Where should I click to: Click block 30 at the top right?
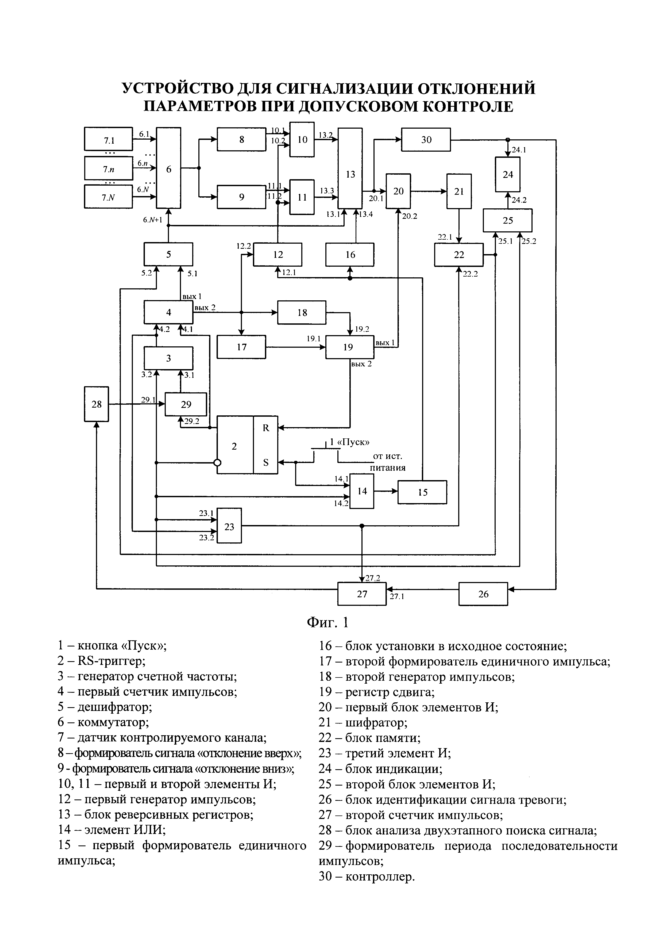click(x=426, y=140)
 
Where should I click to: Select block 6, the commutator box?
click(x=169, y=168)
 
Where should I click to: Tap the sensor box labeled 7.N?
click(x=108, y=197)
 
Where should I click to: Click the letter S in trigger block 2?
click(x=266, y=462)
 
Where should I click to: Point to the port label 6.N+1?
click(x=153, y=220)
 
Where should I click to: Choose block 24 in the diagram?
click(x=507, y=174)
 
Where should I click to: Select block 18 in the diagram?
click(x=302, y=312)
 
